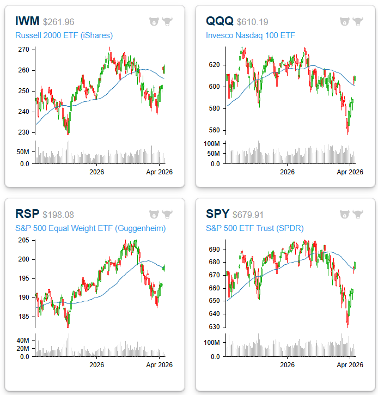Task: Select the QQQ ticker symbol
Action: pos(220,22)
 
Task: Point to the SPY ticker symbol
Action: pos(217,215)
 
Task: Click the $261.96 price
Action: pos(58,22)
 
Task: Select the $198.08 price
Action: pos(57,215)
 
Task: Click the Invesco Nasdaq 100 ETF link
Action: pos(250,36)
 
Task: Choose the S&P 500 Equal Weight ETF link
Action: pos(90,228)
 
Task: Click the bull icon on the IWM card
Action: pos(167,22)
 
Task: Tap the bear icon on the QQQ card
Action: pos(345,22)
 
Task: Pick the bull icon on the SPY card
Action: pos(358,214)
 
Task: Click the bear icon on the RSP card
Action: pos(154,214)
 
